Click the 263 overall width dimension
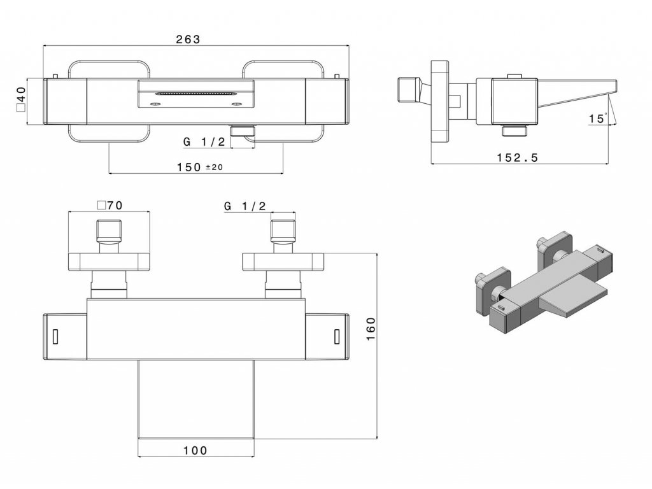tap(188, 39)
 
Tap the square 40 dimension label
tap(21, 99)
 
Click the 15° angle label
tap(598, 118)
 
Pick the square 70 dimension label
tap(110, 205)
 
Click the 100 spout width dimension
tap(195, 450)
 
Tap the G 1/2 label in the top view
tap(204, 142)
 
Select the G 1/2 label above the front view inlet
tap(244, 205)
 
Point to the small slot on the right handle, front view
tap(337, 336)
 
